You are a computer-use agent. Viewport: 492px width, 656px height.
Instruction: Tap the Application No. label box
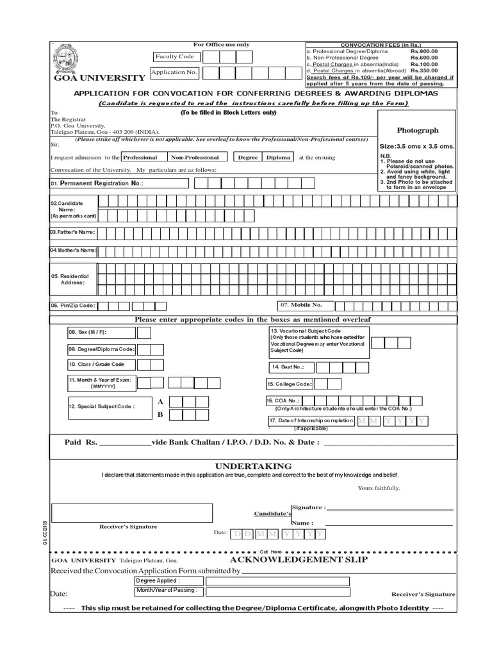coord(174,72)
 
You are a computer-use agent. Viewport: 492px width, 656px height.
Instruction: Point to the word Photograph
coord(418,129)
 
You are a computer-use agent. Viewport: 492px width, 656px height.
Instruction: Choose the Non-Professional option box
coord(195,157)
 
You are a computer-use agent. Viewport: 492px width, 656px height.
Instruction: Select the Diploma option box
coord(278,157)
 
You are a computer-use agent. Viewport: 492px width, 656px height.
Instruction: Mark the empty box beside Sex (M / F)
coord(144,332)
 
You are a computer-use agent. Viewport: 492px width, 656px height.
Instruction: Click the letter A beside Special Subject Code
coord(161,401)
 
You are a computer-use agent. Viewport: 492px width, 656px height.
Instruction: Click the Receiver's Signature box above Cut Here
coord(132,512)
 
